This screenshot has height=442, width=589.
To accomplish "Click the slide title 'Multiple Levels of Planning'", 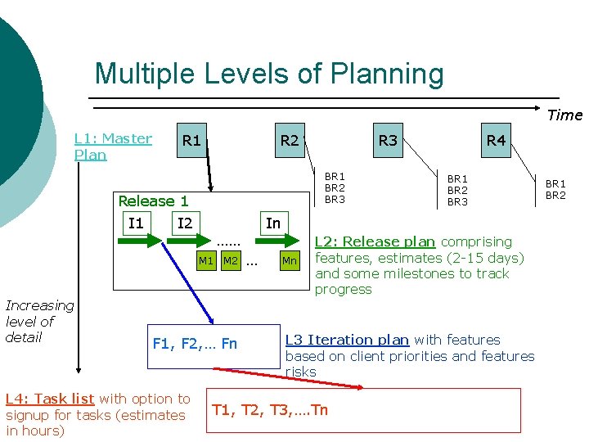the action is (x=269, y=74).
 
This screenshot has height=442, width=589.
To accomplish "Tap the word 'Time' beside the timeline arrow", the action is (x=564, y=115).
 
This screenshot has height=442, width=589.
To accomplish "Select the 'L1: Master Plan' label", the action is (x=113, y=147).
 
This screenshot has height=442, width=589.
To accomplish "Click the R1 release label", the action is (x=191, y=140).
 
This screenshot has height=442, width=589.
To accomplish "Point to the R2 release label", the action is (x=290, y=140).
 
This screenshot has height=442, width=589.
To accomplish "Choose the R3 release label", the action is (x=388, y=140).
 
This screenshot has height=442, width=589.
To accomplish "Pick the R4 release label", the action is (x=496, y=140).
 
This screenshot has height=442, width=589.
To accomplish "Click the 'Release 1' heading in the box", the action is (x=153, y=201).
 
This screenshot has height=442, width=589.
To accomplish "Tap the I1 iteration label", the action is (x=136, y=223).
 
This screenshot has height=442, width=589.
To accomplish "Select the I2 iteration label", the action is (x=185, y=223).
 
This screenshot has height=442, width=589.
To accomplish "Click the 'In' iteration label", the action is (x=273, y=223).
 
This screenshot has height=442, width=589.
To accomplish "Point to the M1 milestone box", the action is (x=206, y=261).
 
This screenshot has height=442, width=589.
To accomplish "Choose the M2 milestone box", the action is (x=231, y=261).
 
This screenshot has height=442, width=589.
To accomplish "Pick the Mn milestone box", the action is (x=290, y=261).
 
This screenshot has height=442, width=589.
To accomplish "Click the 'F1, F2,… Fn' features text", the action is (x=195, y=343).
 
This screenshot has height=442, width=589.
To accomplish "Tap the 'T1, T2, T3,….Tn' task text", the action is (x=270, y=409).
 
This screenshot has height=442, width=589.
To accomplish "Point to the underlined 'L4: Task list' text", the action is (x=50, y=399).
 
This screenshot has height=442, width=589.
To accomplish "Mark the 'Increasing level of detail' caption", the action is (x=39, y=321).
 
